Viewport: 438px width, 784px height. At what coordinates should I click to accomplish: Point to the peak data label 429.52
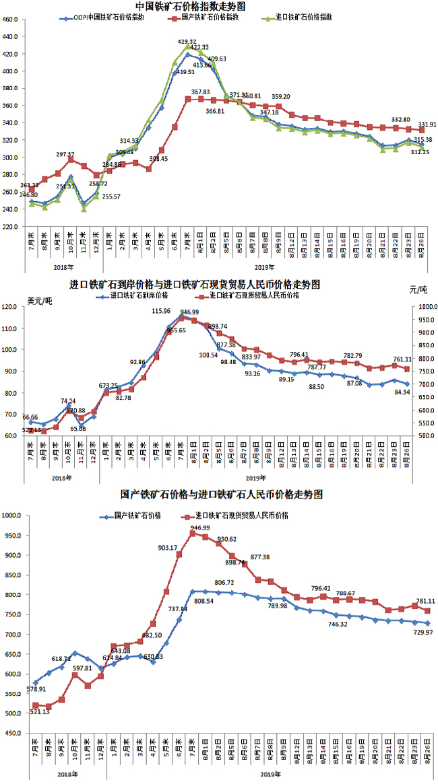187,42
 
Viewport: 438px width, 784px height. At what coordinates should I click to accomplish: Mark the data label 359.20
281,97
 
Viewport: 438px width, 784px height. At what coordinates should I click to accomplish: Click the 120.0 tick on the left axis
12,307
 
